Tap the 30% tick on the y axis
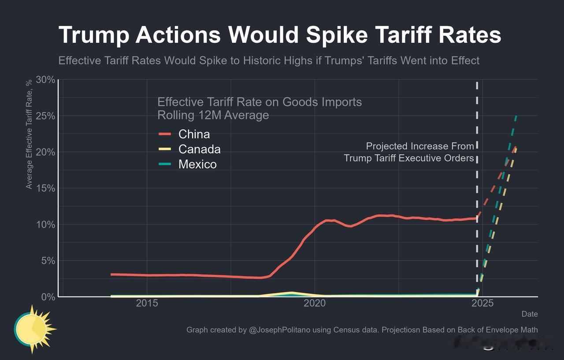[x=45, y=80]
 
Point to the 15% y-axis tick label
[x=45, y=188]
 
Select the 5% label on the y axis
[x=48, y=260]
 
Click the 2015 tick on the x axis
[x=147, y=304]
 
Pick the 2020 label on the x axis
[x=315, y=304]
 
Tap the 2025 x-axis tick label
[x=482, y=304]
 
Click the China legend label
[x=194, y=134]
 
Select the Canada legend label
[x=199, y=149]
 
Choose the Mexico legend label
[x=197, y=164]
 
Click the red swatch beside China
[x=165, y=134]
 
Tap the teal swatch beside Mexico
[x=165, y=164]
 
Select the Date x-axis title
[x=530, y=314]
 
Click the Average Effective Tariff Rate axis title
[x=29, y=134]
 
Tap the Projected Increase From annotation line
[x=420, y=146]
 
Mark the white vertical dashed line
[x=477, y=185]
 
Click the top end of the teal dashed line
[x=516, y=117]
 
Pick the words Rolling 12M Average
[x=213, y=115]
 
